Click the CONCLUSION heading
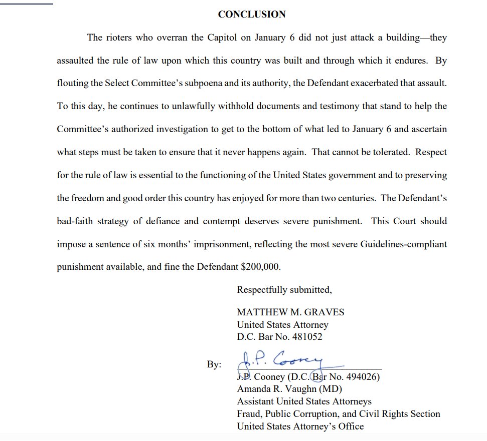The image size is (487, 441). coord(252,15)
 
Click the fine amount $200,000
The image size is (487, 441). coord(261,267)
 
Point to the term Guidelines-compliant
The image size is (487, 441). coord(404,244)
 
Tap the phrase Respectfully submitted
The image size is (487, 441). coord(284,290)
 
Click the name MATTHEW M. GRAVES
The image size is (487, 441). coord(290,312)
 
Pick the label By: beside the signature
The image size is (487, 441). coord(214,365)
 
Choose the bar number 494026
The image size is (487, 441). coord(358,377)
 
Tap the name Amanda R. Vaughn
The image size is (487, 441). coord(276,389)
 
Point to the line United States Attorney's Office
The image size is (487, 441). coord(300,426)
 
